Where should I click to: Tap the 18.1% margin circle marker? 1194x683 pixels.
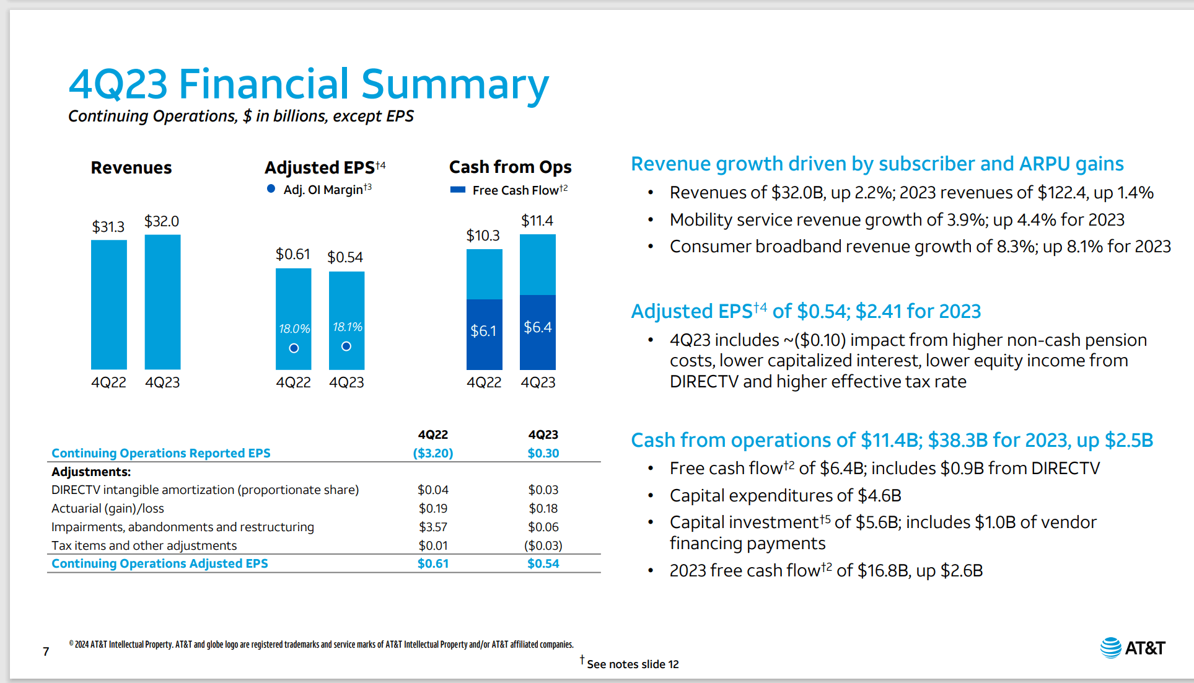(x=346, y=346)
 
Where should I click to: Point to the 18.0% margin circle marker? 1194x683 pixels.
(x=294, y=348)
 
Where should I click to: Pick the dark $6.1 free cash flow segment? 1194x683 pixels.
(x=484, y=335)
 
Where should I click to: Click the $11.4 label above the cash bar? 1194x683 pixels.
(x=537, y=221)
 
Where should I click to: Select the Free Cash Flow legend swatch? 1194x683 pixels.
(x=458, y=190)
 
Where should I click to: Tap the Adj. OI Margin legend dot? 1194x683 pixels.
(x=271, y=189)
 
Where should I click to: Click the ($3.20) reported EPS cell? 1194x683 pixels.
(x=433, y=453)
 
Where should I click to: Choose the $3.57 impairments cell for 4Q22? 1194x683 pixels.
(x=433, y=527)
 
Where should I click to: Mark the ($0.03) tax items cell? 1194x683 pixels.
(x=543, y=545)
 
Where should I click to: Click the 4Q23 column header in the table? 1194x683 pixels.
(x=543, y=434)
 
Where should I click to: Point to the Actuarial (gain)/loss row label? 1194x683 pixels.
(x=108, y=508)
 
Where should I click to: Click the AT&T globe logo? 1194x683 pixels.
(x=1110, y=648)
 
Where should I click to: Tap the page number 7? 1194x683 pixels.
(x=46, y=651)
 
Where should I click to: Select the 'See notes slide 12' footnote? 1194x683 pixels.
(x=632, y=664)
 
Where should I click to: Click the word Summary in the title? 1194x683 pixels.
(x=455, y=84)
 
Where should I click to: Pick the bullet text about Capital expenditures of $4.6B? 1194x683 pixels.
(x=785, y=495)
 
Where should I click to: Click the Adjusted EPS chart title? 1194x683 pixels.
(x=320, y=167)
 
